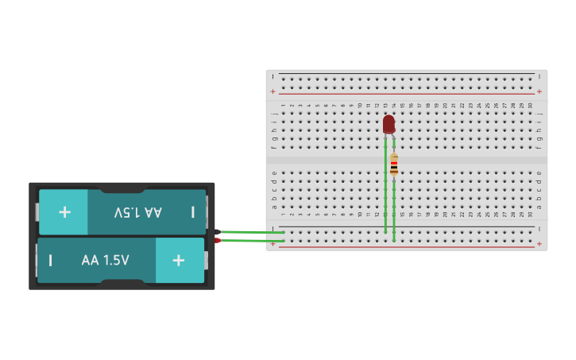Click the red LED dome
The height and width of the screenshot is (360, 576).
(389, 124)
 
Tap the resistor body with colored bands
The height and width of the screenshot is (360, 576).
(394, 165)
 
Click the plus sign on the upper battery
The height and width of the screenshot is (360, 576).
(64, 212)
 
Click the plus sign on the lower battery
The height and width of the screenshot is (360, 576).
(179, 261)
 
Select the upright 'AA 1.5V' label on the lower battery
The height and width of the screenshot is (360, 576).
(105, 261)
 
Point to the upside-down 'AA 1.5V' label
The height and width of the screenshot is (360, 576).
(137, 212)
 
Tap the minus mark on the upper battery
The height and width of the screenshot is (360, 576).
(192, 212)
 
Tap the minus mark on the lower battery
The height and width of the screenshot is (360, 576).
(51, 261)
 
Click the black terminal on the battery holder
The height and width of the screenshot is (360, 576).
(217, 232)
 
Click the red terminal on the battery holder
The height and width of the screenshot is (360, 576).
(217, 240)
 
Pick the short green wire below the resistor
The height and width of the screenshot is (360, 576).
(394, 211)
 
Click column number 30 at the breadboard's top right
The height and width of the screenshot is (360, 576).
(530, 105)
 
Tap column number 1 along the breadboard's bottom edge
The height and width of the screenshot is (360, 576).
(283, 215)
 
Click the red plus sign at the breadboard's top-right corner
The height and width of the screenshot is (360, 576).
(539, 91)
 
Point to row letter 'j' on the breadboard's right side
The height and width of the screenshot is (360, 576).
(539, 114)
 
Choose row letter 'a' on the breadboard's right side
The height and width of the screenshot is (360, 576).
(539, 207)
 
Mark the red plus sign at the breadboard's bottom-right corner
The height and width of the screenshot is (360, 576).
(539, 244)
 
